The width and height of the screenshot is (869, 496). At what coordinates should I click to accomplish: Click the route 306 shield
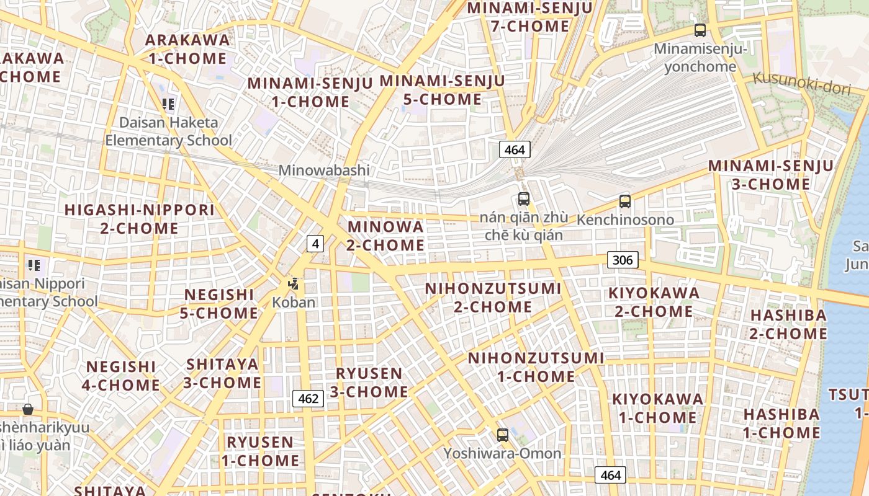tap(623, 260)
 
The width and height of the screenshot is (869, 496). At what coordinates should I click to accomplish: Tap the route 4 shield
tap(315, 244)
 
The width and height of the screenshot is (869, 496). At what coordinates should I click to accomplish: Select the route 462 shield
tap(308, 399)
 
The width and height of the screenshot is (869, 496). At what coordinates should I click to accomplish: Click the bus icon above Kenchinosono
tap(624, 201)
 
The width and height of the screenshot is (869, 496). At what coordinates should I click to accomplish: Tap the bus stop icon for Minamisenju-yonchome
tap(700, 30)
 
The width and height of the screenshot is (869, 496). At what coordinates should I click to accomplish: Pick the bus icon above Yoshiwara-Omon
tap(503, 435)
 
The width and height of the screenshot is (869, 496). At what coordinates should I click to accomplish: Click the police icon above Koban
tap(293, 285)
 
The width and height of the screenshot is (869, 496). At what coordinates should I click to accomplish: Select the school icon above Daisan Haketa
tap(168, 104)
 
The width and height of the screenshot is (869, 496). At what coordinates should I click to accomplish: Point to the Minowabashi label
tap(324, 170)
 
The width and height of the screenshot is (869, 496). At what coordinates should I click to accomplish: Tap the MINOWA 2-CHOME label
tap(385, 236)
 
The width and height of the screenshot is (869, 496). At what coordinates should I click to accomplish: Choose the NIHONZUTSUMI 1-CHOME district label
tap(536, 367)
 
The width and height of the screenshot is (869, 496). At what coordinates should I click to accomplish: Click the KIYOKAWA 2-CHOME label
tap(654, 301)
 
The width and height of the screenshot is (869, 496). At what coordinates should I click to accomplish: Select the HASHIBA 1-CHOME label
tap(781, 423)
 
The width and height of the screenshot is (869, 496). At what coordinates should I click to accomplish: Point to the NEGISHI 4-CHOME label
tap(121, 376)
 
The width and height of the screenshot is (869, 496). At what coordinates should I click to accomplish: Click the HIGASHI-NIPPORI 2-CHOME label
tap(140, 219)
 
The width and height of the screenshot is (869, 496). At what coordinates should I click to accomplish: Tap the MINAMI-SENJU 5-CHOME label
tap(442, 90)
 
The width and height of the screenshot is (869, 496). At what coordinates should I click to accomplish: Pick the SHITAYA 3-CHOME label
tap(222, 373)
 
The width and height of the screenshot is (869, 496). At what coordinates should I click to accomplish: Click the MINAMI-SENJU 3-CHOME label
tap(771, 175)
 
